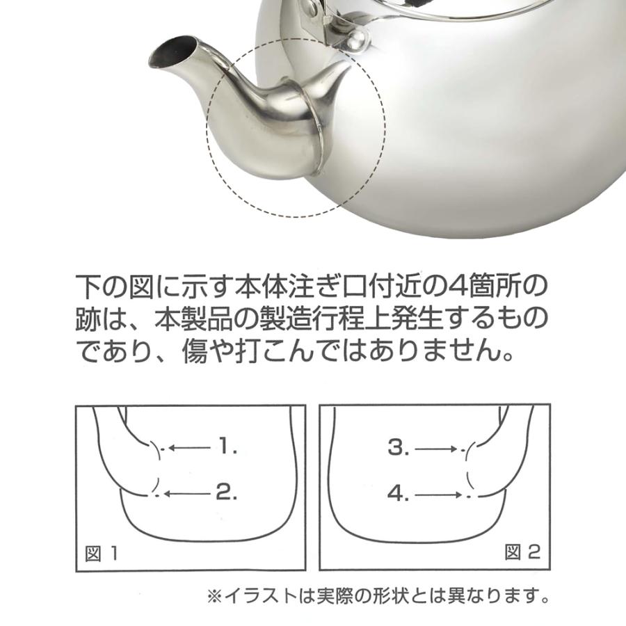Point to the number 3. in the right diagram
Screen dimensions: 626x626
(x=399, y=449)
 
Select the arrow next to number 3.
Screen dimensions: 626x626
(x=437, y=449)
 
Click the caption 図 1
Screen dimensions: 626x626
(x=101, y=554)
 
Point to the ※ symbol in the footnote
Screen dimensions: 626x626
(x=214, y=596)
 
